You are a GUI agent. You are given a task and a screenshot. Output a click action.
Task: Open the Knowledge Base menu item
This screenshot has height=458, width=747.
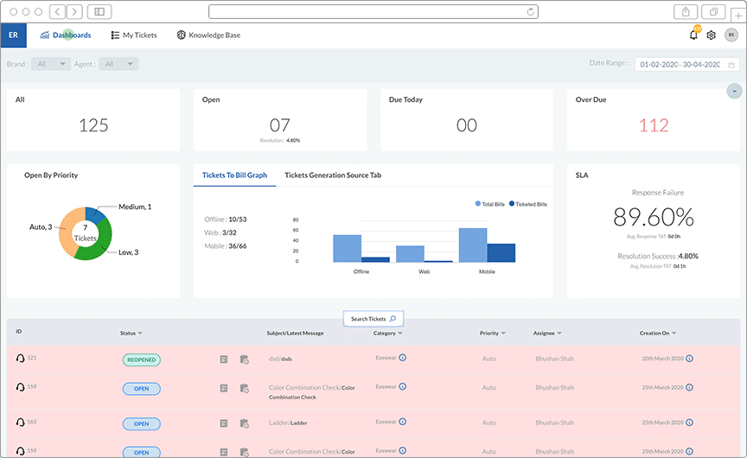pos(208,35)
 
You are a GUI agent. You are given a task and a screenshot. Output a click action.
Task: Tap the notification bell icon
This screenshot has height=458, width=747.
pos(693,35)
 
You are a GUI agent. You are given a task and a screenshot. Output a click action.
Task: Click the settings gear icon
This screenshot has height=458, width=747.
pos(712,35)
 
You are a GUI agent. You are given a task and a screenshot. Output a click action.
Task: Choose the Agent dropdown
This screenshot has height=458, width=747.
pos(118,64)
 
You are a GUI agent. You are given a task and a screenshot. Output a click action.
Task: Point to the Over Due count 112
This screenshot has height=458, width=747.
pos(654,125)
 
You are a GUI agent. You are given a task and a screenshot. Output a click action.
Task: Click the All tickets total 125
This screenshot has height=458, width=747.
pos(93,125)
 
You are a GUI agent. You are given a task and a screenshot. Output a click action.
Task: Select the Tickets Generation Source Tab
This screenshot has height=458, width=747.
pos(333,175)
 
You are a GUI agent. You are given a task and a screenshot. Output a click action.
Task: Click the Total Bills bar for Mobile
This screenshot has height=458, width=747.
pos(473,245)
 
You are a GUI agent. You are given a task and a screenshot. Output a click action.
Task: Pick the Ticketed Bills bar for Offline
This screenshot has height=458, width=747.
pos(375,259)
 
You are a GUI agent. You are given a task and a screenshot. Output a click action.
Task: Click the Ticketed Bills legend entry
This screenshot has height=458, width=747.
pos(528,204)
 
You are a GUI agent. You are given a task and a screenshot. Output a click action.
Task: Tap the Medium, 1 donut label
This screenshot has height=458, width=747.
pos(135,207)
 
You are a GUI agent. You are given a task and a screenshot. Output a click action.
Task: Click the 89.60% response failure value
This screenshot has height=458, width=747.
pos(654,217)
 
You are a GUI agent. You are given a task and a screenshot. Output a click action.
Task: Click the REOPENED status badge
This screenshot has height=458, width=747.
pos(141,359)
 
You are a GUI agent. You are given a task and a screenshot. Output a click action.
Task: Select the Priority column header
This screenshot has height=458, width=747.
pos(489,333)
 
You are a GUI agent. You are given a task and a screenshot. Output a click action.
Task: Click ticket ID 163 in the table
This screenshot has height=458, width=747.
pos(32,423)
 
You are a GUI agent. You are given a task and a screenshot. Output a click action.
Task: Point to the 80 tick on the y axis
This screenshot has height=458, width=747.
pos(297,219)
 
